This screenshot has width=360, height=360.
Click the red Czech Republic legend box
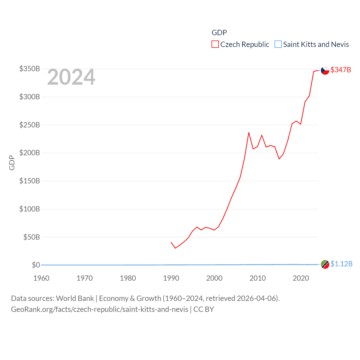point(215,44)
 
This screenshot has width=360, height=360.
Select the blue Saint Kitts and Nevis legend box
point(278,44)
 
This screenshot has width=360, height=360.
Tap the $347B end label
point(341,70)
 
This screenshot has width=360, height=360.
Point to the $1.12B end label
point(341,264)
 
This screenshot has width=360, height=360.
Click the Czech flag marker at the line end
point(325,70)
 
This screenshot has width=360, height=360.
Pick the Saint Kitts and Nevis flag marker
point(325,264)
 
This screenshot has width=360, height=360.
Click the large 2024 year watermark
point(71,77)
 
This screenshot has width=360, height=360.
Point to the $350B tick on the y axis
point(30,69)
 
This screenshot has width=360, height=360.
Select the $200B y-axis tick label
point(30,153)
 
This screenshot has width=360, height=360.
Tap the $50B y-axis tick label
point(31,237)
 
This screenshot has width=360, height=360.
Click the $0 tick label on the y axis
point(36,265)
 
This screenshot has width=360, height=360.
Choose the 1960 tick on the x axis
point(41,278)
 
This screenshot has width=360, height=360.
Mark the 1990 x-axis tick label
point(171,278)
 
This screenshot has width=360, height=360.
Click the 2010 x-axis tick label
point(258,278)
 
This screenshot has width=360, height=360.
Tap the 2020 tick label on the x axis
point(301,278)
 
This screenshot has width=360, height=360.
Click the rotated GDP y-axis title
point(12,163)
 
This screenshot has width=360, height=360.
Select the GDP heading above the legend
point(219,33)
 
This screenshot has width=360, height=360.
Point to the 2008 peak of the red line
point(249,132)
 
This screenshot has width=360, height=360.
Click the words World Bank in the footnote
point(75,298)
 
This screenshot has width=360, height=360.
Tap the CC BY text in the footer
point(204,309)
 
